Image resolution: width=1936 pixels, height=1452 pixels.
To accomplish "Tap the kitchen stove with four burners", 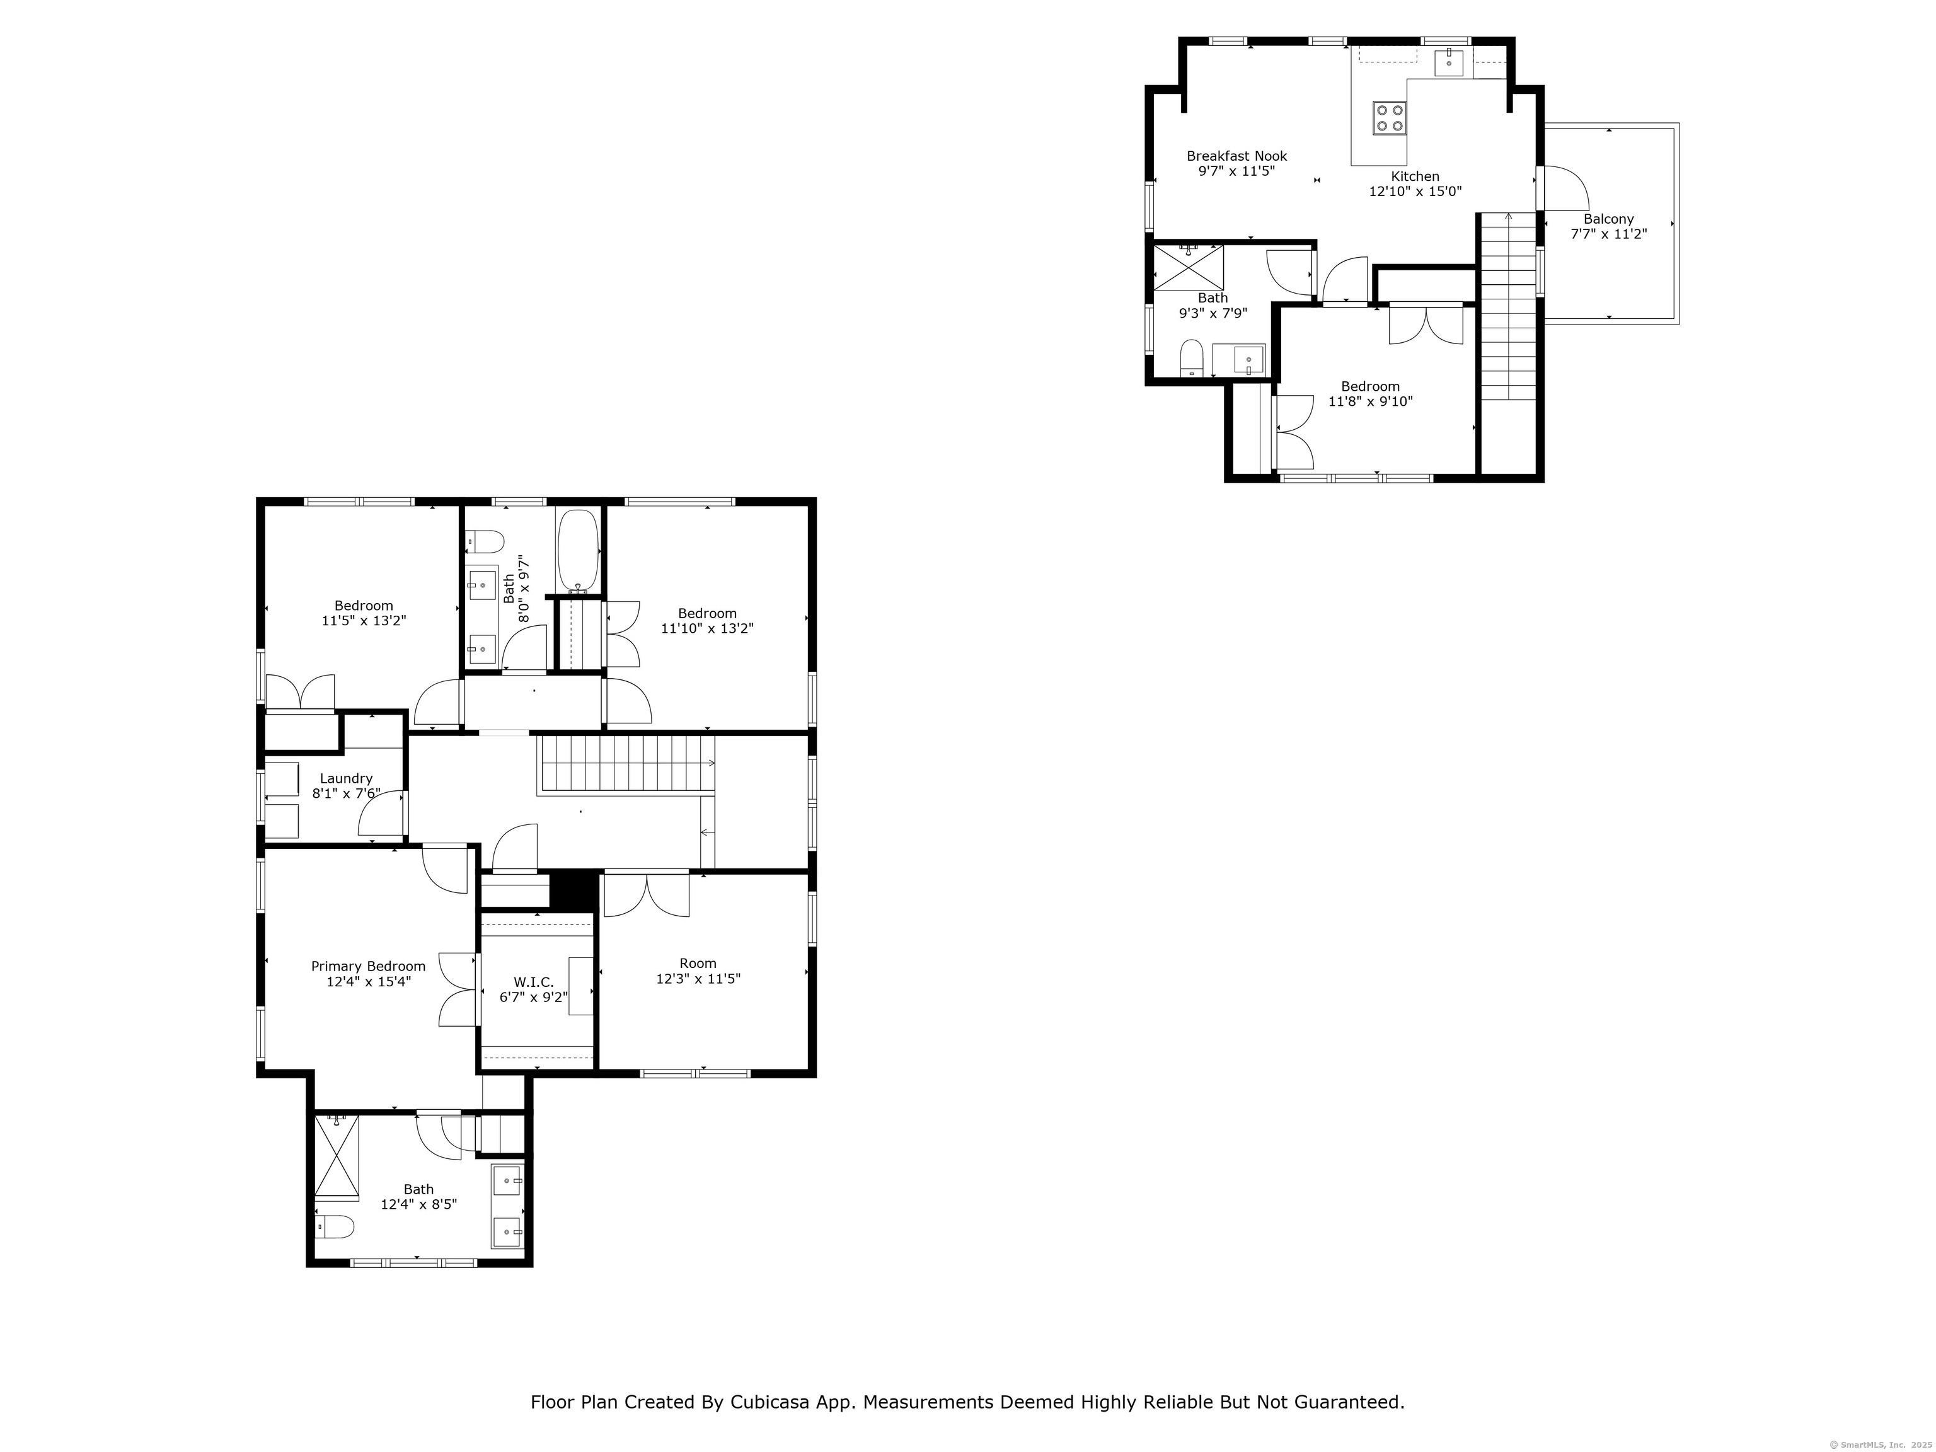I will (1390, 118).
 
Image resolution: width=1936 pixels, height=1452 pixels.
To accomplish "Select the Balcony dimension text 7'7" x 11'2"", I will (1609, 234).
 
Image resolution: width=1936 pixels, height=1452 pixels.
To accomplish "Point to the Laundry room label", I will (346, 778).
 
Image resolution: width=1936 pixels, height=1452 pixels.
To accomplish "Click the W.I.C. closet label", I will (533, 982).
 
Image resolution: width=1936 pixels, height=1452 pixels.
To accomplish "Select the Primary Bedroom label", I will (369, 966).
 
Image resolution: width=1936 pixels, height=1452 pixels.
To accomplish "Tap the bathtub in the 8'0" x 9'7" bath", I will (578, 550).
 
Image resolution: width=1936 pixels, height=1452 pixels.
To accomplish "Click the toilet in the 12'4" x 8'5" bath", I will (336, 1227).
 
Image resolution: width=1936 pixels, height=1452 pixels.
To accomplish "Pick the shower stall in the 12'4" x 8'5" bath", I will (337, 1155).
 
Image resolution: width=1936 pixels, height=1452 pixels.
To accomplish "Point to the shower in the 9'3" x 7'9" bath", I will (1188, 267).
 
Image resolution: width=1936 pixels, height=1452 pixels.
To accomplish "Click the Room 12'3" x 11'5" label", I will (698, 963).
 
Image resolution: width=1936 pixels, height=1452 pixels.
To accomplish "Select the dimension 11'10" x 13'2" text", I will (707, 628).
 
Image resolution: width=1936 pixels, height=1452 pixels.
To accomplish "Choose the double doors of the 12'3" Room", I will (646, 894).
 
